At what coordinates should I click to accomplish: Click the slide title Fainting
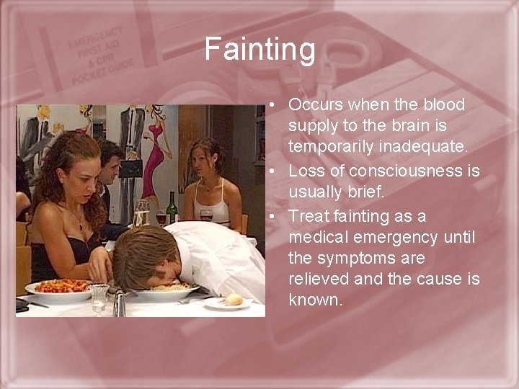pos(259,50)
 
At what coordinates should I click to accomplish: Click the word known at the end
pos(314,299)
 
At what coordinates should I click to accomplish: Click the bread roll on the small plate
pos(234,298)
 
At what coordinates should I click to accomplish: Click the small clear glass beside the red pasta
pos(99,295)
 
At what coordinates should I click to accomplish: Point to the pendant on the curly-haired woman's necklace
pos(81,226)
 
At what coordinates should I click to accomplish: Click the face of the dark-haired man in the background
pos(108,164)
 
